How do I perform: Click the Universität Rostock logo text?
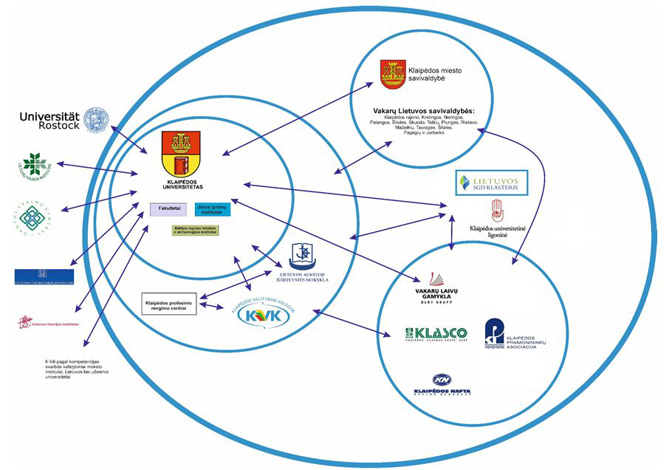coord(49,120)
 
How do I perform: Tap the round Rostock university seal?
coord(96,121)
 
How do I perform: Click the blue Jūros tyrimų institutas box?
coord(213,209)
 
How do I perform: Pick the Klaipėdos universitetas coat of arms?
coord(182,153)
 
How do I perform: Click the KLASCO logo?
coord(436,334)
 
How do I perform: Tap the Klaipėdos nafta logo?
coord(442,385)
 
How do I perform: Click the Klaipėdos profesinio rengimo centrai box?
coord(169,304)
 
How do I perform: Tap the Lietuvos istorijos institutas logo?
coord(49,321)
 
